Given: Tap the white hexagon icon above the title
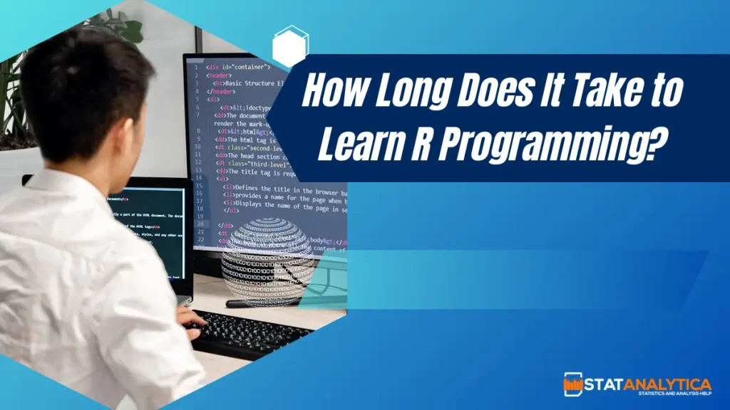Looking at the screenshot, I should [x=291, y=47].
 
